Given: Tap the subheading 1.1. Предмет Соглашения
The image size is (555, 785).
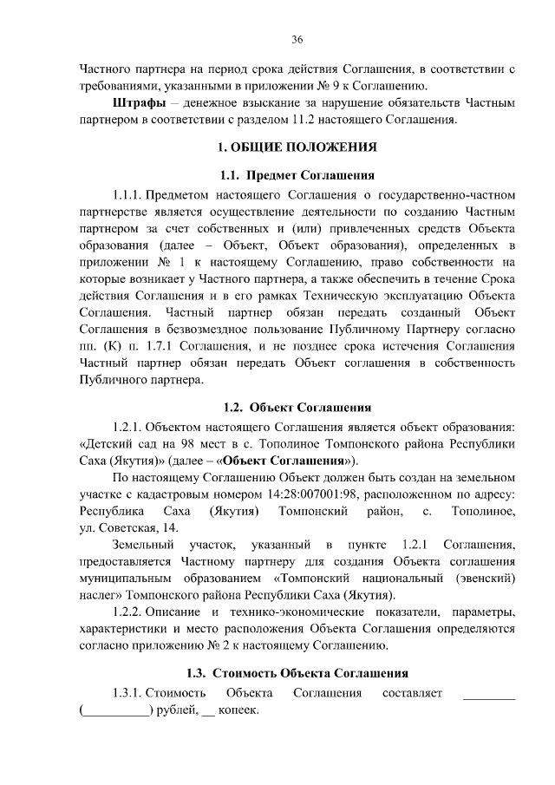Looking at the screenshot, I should point(297,176).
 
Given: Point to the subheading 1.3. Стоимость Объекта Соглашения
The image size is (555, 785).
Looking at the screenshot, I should point(297,672).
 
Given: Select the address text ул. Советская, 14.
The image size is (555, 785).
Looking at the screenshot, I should point(117,528).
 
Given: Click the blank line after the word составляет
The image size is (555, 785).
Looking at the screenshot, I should point(489,694).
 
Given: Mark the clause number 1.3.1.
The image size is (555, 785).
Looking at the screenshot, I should point(127,693).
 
